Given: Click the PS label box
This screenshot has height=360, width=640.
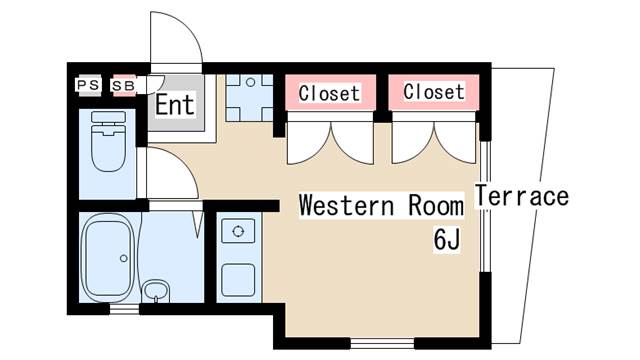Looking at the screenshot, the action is click(x=88, y=85).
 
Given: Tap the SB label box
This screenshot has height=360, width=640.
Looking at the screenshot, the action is click(x=123, y=86).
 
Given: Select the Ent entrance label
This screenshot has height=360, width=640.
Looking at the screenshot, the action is click(x=175, y=104).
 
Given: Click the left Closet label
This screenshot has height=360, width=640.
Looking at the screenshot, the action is click(x=329, y=93).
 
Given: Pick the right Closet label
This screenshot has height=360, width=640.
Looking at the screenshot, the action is click(x=434, y=91).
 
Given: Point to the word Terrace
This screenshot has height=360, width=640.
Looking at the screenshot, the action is click(x=522, y=196).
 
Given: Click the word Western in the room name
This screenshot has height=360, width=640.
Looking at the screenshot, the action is click(x=347, y=205).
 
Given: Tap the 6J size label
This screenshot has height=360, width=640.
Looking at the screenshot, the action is click(x=447, y=239).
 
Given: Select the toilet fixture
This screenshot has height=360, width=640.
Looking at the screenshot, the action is click(x=108, y=141).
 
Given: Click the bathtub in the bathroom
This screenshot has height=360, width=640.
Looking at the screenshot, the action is click(x=108, y=257).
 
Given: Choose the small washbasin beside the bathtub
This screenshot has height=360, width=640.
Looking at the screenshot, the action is click(x=156, y=291).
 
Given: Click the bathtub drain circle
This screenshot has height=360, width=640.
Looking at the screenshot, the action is click(x=124, y=258).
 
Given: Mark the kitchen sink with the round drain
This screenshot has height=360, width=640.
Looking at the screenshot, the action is click(x=238, y=231).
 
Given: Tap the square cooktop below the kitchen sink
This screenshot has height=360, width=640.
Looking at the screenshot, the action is click(x=238, y=280).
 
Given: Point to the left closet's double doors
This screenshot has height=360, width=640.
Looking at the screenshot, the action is click(x=330, y=142).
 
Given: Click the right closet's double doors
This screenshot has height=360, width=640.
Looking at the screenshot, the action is click(x=434, y=142).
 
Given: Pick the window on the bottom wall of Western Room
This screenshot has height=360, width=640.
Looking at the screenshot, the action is click(x=382, y=343).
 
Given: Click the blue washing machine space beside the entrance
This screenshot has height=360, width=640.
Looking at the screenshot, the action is click(x=250, y=98).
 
